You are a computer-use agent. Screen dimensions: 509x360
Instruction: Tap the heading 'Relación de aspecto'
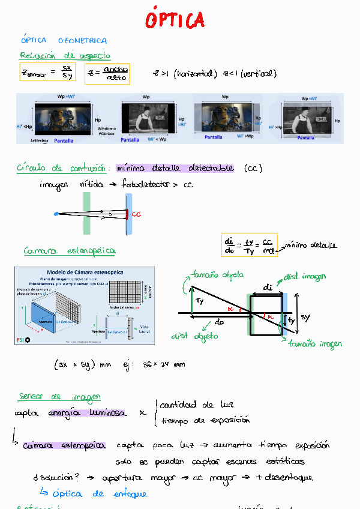pos(65,55)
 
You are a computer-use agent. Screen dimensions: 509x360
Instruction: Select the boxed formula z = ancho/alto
pos(107,74)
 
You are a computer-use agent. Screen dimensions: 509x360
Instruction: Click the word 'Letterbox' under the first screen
pos(42,140)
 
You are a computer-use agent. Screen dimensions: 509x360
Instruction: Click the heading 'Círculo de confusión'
pos(62,168)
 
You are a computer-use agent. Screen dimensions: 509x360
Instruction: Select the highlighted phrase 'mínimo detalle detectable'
pos(175,168)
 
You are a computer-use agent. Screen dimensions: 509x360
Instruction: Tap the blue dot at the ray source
pos(56,213)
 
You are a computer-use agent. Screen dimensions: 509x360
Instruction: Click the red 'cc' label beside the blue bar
pos(136,214)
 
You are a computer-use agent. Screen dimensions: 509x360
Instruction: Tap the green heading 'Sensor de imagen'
pos(59,397)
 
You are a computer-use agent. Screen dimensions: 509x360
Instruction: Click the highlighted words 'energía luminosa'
pos(87,413)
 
